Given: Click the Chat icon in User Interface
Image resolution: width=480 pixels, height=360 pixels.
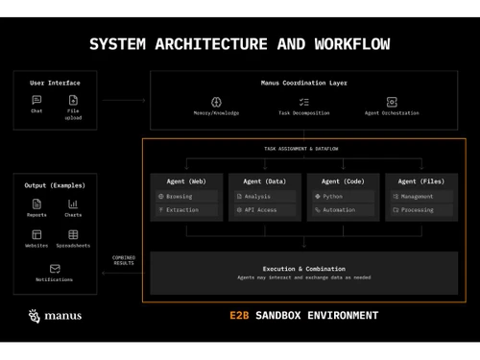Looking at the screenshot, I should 36,99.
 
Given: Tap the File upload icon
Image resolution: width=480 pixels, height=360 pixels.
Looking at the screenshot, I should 73,100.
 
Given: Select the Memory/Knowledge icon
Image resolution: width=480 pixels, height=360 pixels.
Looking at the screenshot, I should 216,102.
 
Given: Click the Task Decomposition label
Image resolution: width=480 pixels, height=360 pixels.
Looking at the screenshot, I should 303,113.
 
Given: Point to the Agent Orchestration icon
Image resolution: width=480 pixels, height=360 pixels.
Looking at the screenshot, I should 392,102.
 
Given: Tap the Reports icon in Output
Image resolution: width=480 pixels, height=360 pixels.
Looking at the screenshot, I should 36,204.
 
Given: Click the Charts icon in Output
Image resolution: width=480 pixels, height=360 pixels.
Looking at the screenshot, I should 73,204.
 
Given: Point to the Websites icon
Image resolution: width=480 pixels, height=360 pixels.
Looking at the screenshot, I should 36,234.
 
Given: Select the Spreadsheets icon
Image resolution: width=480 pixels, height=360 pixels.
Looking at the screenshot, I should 73,234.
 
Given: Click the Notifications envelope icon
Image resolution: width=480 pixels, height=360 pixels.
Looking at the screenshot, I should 55,269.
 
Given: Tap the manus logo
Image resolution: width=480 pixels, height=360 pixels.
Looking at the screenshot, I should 55,315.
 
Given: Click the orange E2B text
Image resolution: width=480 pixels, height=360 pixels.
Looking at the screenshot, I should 240,315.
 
